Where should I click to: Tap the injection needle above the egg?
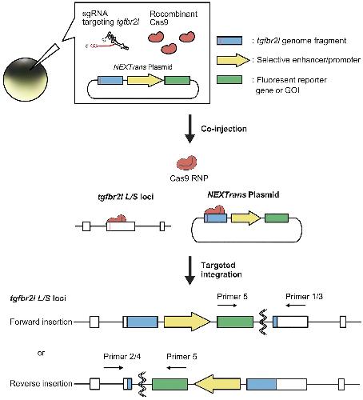pyautogui.click(x=46, y=57)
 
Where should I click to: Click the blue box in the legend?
pyautogui.click(x=229, y=41)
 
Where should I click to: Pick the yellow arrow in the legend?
pyautogui.click(x=233, y=60)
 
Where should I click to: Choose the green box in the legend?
pyautogui.click(x=229, y=80)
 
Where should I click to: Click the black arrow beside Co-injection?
pyautogui.click(x=189, y=129)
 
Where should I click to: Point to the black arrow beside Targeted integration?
pyautogui.click(x=189, y=270)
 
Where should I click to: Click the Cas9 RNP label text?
pyautogui.click(x=189, y=178)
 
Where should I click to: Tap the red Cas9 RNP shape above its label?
pyautogui.click(x=187, y=162)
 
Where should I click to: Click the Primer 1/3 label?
pyautogui.click(x=304, y=297)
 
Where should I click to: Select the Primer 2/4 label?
pyautogui.click(x=122, y=357)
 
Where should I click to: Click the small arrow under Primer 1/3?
pyautogui.click(x=295, y=305)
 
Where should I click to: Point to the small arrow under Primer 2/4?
pyautogui.click(x=114, y=368)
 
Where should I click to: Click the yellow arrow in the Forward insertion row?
pyautogui.click(x=187, y=322)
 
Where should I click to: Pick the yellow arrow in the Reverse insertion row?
pyautogui.click(x=217, y=384)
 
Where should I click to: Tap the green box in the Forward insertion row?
pyautogui.click(x=235, y=322)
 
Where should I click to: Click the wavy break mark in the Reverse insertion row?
pyautogui.click(x=142, y=384)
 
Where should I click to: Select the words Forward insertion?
pyautogui.click(x=41, y=322)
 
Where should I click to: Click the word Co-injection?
pyautogui.click(x=224, y=129)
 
